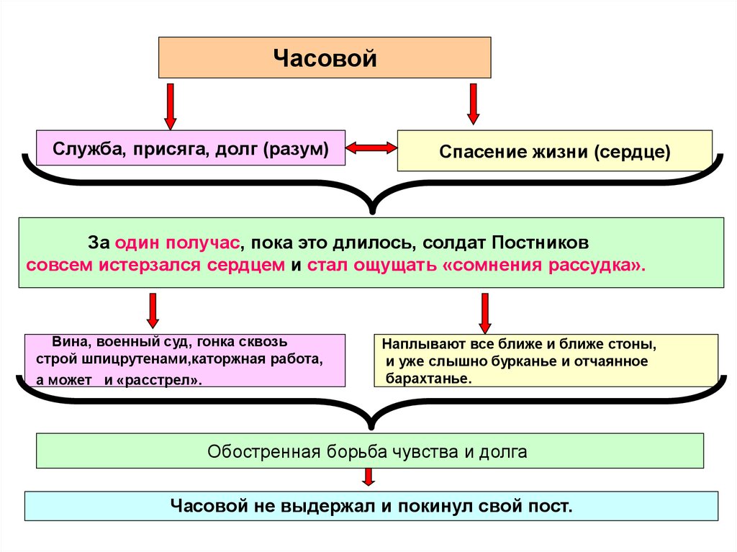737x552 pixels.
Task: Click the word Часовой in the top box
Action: click(325, 58)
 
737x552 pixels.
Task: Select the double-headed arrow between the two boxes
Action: click(371, 148)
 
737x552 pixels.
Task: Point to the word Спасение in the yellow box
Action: click(475, 152)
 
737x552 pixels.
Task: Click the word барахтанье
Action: click(428, 379)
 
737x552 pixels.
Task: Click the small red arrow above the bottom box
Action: click(368, 478)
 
